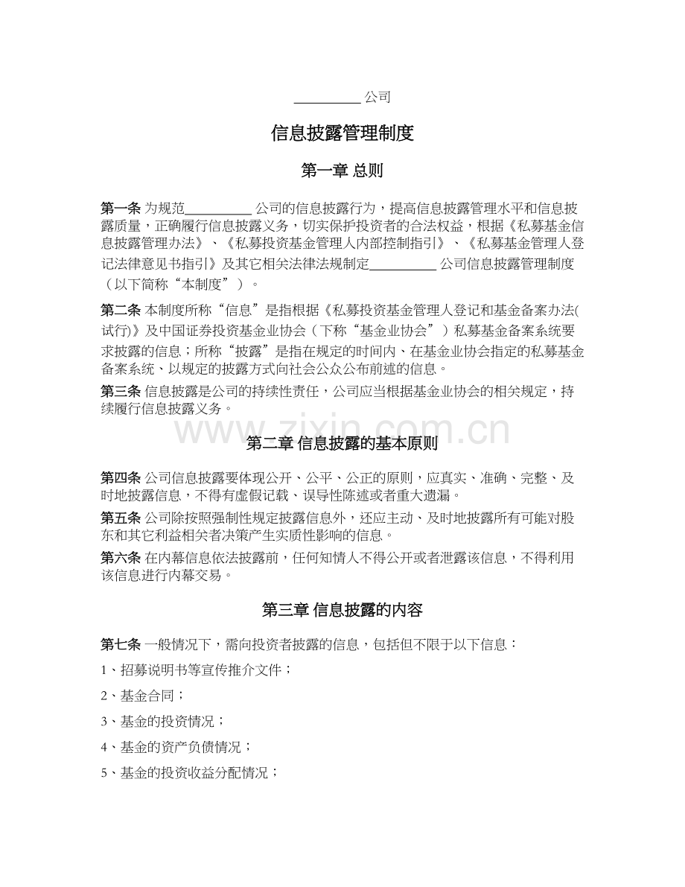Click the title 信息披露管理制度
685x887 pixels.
342,134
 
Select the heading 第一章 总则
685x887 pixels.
342,171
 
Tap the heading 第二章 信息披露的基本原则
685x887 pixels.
342,444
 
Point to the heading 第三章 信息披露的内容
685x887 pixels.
342,610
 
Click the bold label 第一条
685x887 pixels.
121,207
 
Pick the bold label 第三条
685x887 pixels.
121,392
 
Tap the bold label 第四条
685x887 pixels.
121,477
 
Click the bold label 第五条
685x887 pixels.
121,518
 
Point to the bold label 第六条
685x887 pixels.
121,558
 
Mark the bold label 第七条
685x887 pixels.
121,644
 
